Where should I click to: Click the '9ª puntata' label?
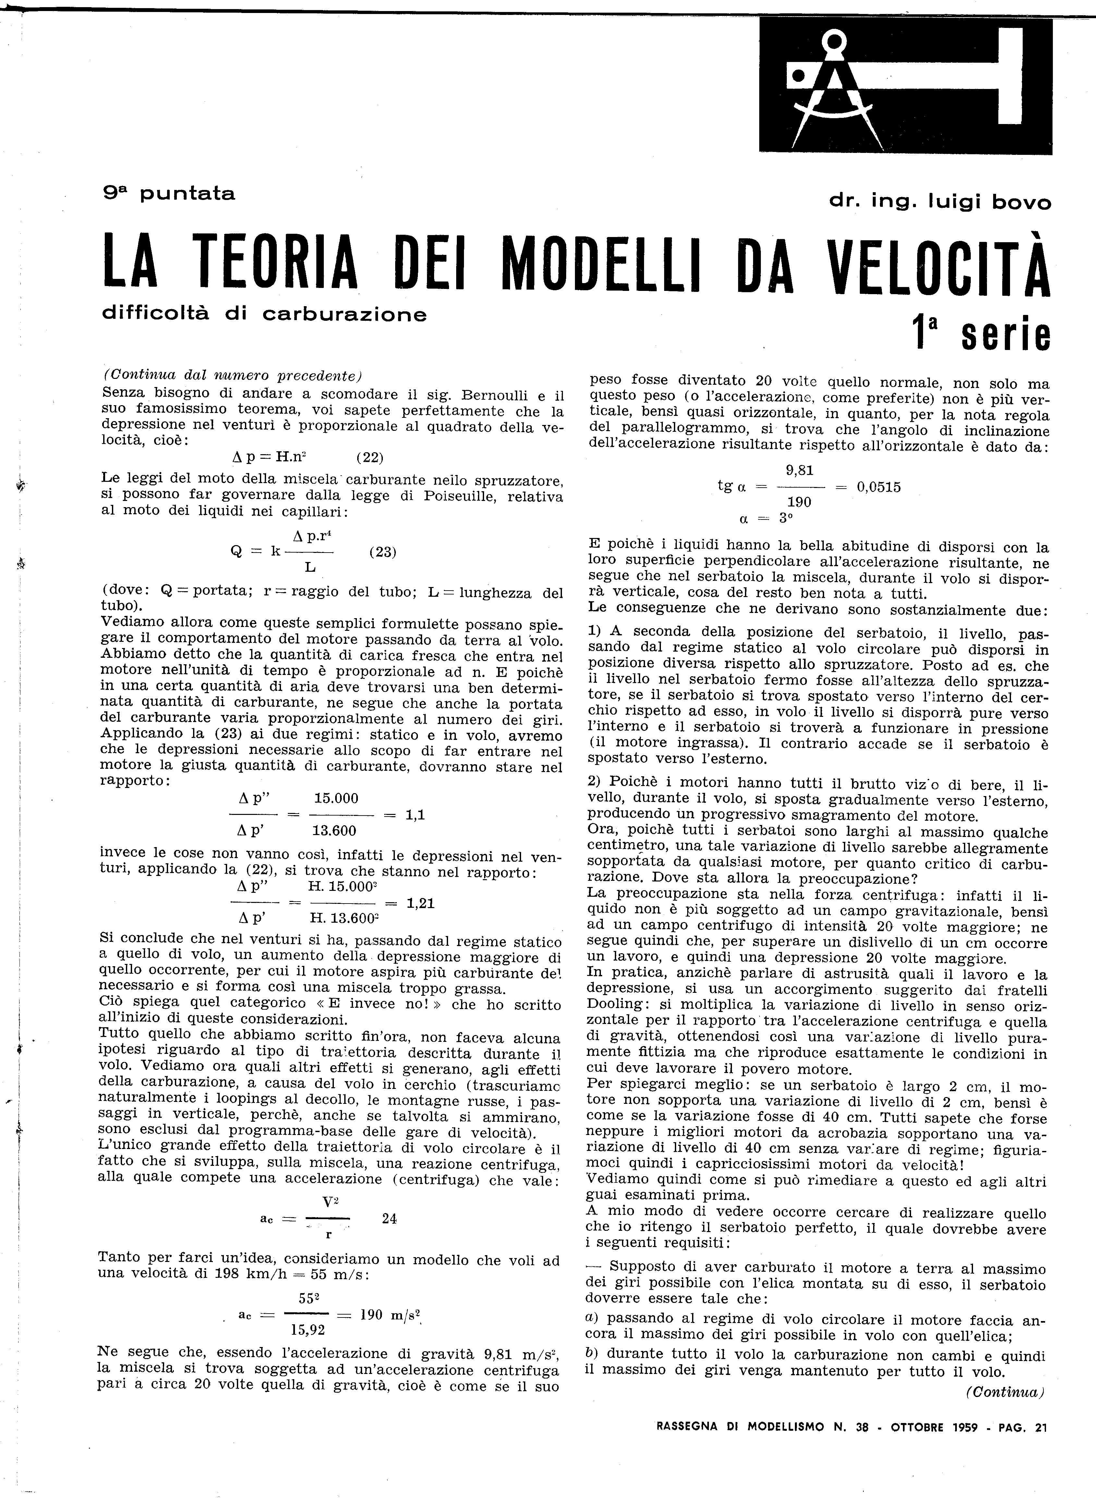click(169, 194)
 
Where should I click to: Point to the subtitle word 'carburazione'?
click(345, 314)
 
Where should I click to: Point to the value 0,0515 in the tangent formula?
click(878, 487)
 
